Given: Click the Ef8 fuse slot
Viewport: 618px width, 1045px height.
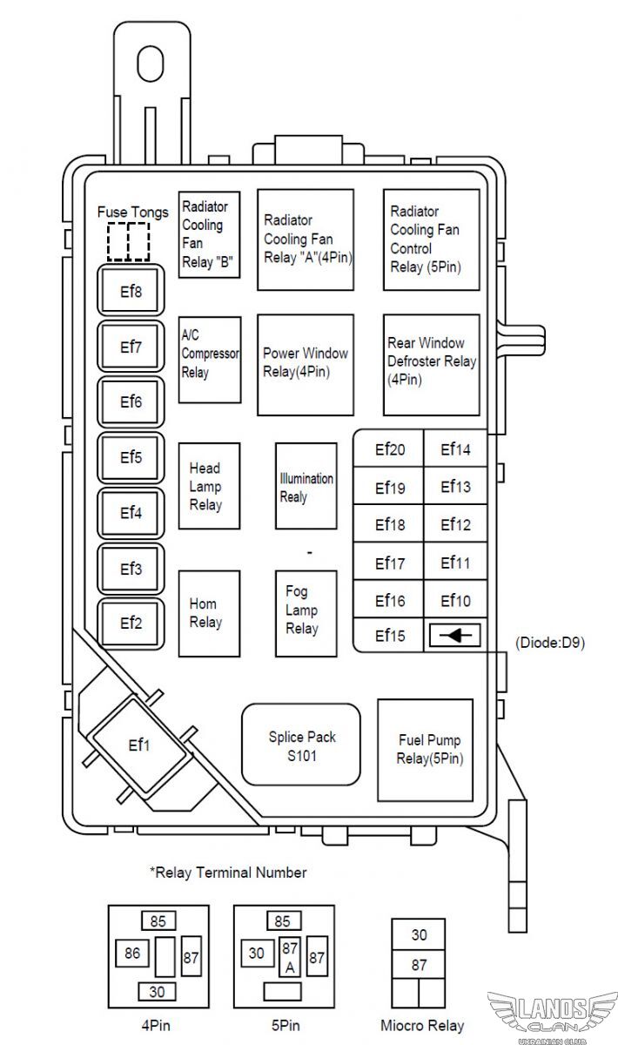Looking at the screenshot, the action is click(x=131, y=290).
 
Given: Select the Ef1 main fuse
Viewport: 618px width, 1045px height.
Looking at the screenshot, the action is click(x=139, y=745).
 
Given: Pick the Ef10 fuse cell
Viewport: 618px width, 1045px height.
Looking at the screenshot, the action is click(x=455, y=599).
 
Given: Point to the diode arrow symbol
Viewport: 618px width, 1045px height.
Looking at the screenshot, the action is click(x=454, y=635).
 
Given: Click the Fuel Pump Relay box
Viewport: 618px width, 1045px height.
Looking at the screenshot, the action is click(x=426, y=750).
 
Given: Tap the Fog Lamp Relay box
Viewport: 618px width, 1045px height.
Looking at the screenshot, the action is click(x=306, y=613).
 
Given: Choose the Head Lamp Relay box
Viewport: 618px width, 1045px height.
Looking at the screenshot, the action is click(x=210, y=486).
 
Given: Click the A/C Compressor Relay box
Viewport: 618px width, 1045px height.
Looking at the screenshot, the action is click(x=210, y=360).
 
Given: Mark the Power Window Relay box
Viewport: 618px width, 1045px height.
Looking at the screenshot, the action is click(x=306, y=365).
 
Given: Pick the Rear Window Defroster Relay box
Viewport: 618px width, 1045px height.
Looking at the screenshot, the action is click(x=432, y=365).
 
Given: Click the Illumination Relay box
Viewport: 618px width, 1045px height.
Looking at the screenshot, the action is click(x=306, y=486).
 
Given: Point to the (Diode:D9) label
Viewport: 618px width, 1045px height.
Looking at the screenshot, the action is click(x=550, y=643).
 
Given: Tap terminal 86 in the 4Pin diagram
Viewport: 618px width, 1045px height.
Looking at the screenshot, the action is click(x=132, y=953).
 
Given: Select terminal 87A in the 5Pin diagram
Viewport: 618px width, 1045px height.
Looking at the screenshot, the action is click(x=290, y=957).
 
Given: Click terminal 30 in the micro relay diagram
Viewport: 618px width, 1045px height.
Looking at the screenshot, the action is click(x=419, y=934).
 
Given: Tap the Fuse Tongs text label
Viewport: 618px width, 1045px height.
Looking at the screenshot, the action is click(x=133, y=212).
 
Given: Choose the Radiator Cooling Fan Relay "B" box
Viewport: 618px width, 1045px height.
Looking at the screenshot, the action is click(x=210, y=234).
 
